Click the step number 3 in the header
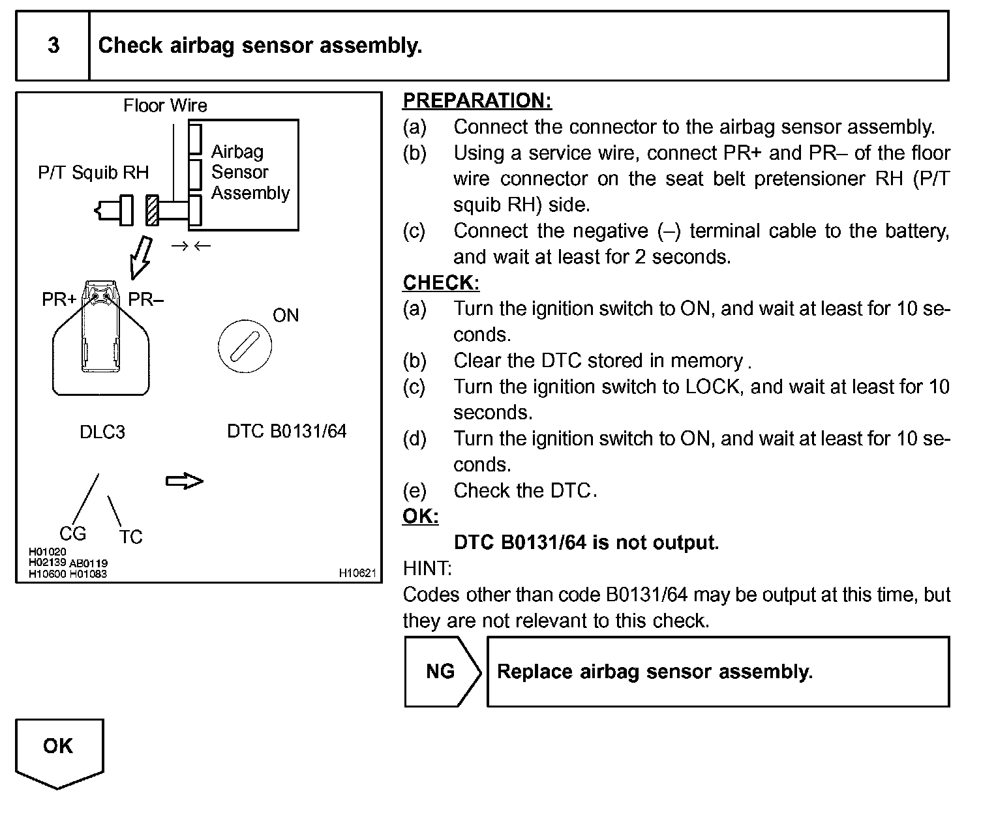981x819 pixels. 53,45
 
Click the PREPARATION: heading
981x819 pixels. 477,100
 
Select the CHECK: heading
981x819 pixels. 441,282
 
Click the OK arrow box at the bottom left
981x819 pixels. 59,750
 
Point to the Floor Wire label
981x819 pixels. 165,106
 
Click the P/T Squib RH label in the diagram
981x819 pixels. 93,172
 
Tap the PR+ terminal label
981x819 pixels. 59,299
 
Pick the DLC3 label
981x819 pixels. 102,432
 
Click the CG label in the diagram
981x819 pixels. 72,533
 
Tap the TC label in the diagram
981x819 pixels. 130,537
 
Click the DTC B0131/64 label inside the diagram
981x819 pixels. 286,431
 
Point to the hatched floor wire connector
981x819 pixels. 153,211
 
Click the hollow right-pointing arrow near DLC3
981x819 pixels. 185,481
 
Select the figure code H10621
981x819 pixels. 357,573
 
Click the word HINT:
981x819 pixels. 427,569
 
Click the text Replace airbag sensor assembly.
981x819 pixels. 655,672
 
